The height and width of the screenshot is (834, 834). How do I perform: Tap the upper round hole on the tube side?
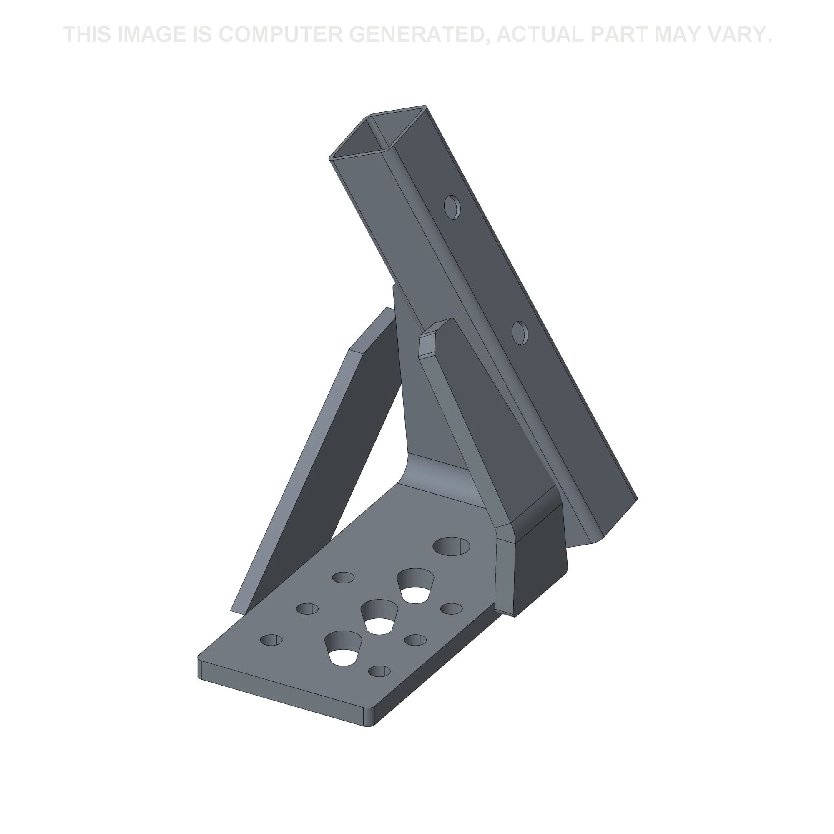pyautogui.click(x=452, y=207)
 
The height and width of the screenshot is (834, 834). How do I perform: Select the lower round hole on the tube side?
pyautogui.click(x=520, y=333)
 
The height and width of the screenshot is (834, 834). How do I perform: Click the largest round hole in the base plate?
pyautogui.click(x=452, y=545)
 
